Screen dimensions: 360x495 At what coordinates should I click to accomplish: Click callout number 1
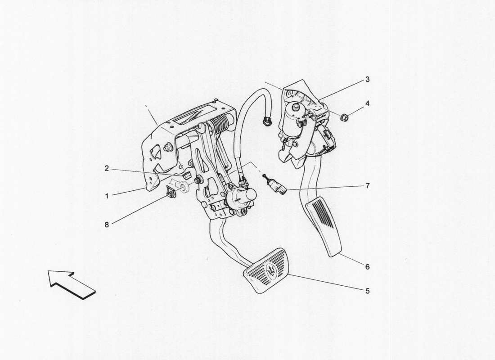tap(107, 197)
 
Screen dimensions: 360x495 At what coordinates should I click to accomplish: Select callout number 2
tap(107, 169)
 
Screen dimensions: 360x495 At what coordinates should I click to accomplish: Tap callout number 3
tap(367, 80)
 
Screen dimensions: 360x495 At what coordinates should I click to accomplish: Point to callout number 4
tap(367, 103)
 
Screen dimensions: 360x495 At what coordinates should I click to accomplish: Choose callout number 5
tap(367, 291)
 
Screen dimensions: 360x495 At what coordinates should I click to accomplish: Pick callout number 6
tap(367, 267)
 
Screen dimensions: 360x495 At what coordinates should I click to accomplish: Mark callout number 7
tap(367, 185)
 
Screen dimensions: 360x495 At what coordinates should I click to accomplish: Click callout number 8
tap(107, 225)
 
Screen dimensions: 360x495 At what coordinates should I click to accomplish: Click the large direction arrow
tap(72, 283)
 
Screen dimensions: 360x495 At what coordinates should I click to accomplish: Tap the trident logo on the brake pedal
tap(271, 270)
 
